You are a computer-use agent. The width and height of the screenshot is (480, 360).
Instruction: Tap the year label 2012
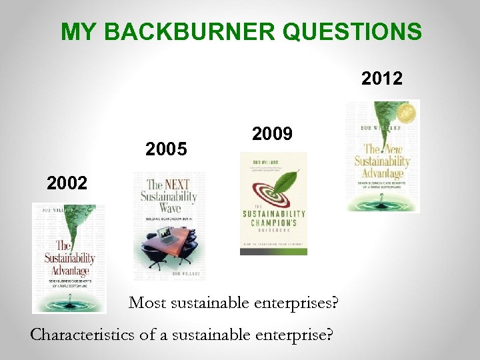click(382, 79)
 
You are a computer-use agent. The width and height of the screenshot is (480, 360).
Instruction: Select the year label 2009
click(272, 134)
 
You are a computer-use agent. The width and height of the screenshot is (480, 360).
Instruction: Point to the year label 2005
click(166, 149)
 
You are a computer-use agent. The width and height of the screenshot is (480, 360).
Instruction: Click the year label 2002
click(67, 183)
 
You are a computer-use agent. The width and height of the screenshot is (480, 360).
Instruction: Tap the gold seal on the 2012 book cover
click(402, 114)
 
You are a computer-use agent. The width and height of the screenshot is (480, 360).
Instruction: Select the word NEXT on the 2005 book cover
click(181, 185)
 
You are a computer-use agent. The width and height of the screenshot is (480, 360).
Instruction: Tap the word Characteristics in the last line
click(83, 334)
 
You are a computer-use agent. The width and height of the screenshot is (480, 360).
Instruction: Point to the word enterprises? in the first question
click(300, 303)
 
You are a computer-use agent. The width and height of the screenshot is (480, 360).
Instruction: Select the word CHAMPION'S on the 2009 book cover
click(273, 223)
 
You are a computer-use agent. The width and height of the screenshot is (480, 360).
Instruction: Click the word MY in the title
click(74, 31)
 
